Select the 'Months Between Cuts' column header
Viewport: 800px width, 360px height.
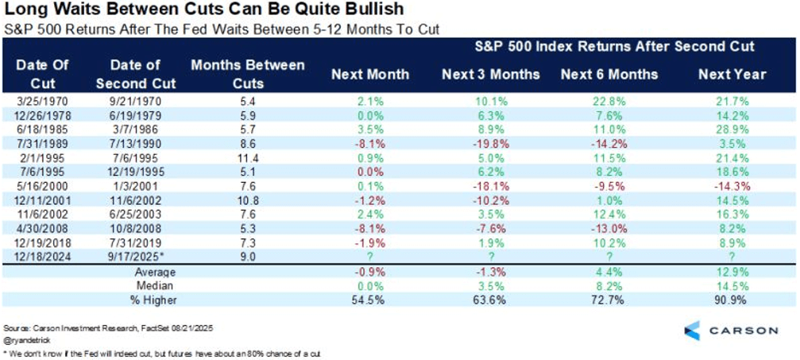(x=247, y=72)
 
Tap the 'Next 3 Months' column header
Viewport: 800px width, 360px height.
(x=490, y=75)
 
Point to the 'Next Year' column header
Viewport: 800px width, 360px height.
(x=732, y=75)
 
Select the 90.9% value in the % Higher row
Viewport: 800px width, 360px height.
(x=732, y=299)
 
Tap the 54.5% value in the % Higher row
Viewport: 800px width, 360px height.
(x=369, y=299)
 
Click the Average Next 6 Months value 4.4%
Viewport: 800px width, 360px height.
(x=609, y=271)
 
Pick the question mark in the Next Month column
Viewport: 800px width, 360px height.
(x=369, y=256)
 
